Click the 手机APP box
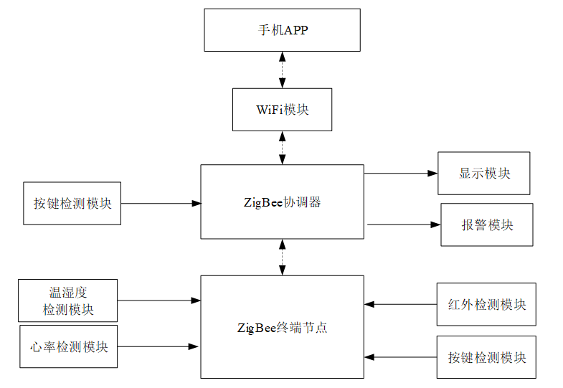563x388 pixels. (283, 30)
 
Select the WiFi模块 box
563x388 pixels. (283, 110)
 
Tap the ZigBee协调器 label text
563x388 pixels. (283, 202)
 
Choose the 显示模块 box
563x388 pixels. (484, 174)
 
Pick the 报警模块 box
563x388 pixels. (487, 224)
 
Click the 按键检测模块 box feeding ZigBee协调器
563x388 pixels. (72, 204)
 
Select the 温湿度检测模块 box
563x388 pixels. (68, 301)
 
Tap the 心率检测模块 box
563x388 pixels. (69, 346)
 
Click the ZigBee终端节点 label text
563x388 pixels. (283, 327)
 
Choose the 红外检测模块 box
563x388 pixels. (486, 304)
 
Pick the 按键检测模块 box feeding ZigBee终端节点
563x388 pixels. (486, 357)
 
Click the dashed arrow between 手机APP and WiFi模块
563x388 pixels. (283, 70)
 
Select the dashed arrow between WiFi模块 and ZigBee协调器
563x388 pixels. (283, 148)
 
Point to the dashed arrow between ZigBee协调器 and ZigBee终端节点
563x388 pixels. (283, 257)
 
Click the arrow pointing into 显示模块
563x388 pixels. (401, 174)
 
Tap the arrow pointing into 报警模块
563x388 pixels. (404, 224)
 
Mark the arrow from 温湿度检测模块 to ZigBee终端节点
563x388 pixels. (159, 301)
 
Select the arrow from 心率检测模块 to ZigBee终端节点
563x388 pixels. (158, 346)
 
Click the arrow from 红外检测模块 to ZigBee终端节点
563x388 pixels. (400, 304)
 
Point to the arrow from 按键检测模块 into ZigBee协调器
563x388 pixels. (161, 204)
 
